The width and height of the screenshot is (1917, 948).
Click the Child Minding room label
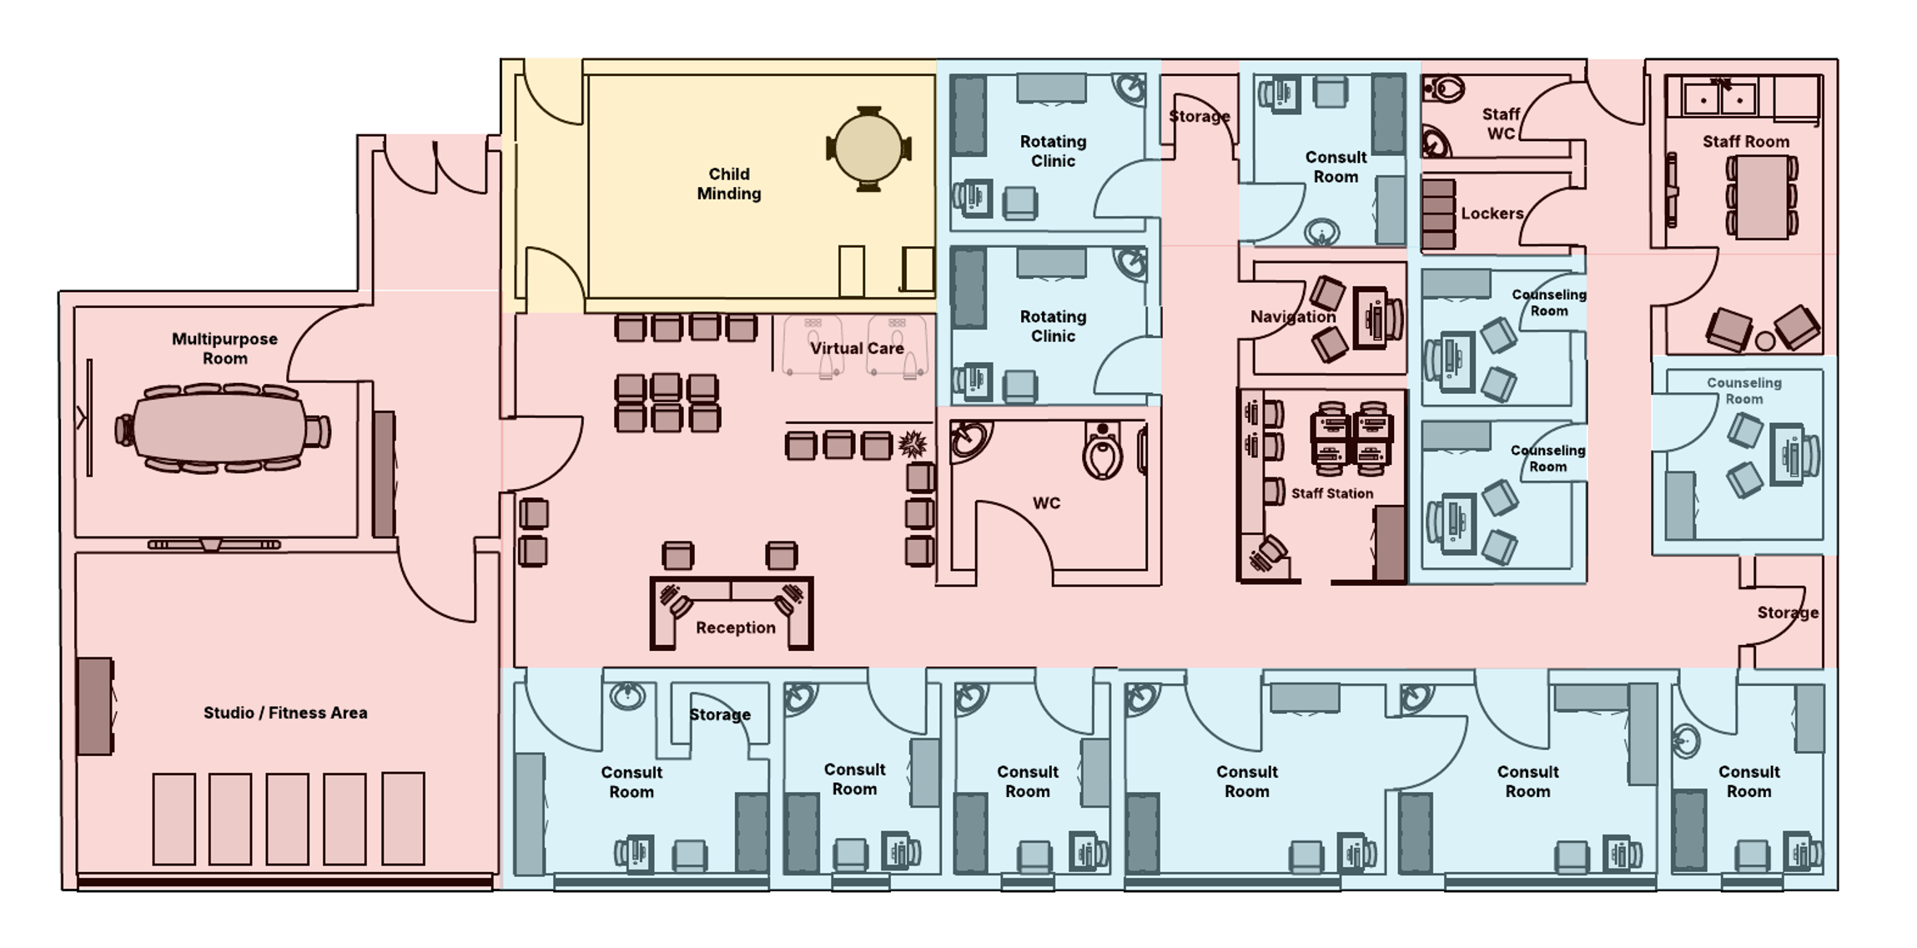click(728, 184)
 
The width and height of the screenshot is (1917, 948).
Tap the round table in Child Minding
click(868, 149)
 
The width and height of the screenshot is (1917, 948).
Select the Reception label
click(735, 628)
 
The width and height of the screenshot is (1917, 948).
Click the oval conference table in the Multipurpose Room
click(223, 429)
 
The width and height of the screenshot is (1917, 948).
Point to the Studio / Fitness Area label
click(285, 713)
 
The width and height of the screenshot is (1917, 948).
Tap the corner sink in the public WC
click(969, 440)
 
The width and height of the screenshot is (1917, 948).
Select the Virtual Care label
click(857, 348)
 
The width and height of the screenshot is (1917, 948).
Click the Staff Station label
click(1331, 493)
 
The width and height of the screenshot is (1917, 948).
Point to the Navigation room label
click(1292, 316)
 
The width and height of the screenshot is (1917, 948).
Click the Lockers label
click(1492, 214)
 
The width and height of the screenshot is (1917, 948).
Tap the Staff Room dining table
click(1760, 197)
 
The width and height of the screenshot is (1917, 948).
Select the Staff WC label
click(1500, 124)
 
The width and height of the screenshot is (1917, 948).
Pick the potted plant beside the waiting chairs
click(913, 444)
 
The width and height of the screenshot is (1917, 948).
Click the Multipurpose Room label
click(224, 348)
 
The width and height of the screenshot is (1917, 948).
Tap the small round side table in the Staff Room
click(1764, 340)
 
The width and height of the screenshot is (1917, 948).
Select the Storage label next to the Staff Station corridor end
click(1787, 613)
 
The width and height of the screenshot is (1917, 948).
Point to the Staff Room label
click(1745, 142)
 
